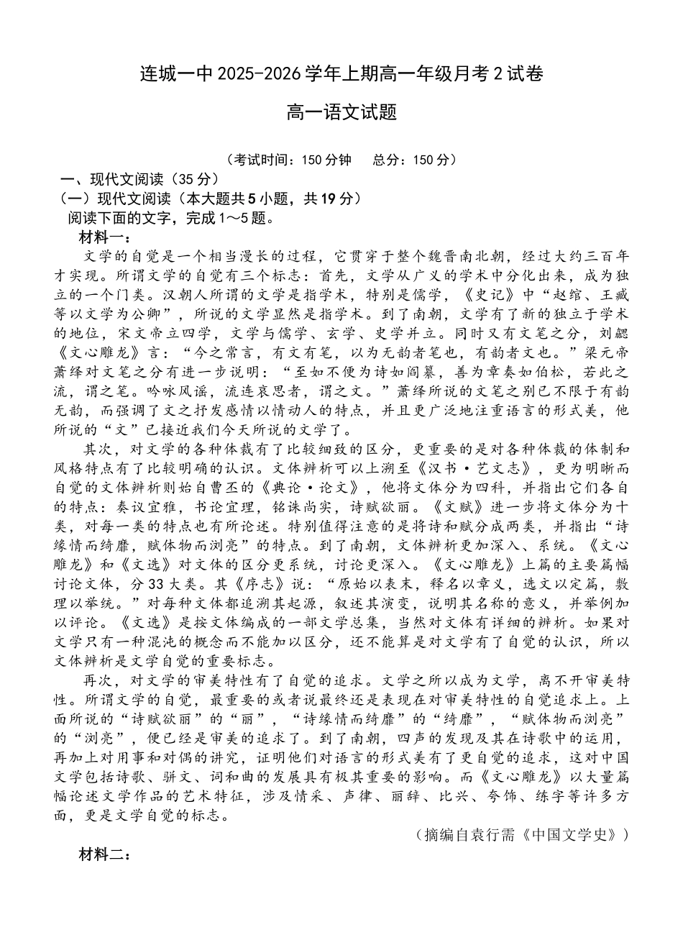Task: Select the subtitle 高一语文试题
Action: coord(341,113)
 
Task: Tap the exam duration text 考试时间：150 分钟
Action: coord(291,160)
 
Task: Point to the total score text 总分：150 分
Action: coord(410,160)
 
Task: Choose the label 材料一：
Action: coord(104,237)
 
